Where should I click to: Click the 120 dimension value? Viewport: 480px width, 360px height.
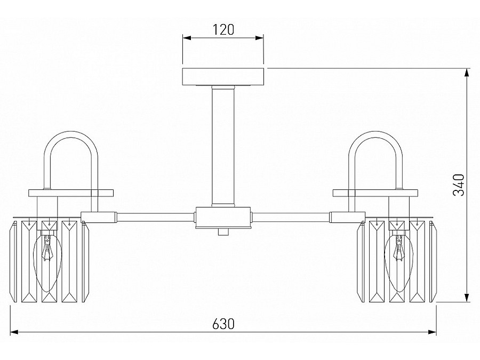tap(223, 30)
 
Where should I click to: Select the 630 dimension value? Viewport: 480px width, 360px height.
tap(223, 324)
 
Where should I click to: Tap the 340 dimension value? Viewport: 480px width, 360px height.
tap(459, 185)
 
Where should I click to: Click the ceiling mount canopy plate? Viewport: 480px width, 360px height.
tap(223, 76)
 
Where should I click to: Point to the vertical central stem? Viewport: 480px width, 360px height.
tap(223, 146)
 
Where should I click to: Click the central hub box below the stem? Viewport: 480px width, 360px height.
tap(223, 218)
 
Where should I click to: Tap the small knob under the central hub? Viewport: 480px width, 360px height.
tap(223, 232)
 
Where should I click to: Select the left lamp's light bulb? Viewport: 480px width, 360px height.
tap(47, 262)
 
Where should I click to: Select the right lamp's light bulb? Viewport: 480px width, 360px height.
tap(398, 262)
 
